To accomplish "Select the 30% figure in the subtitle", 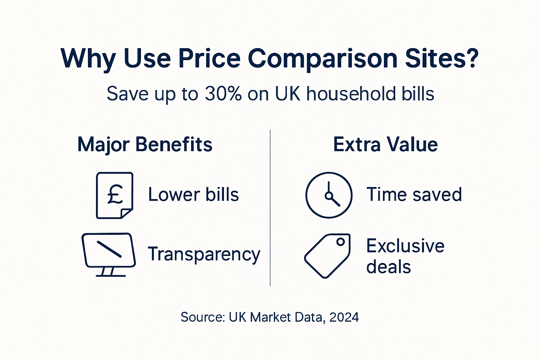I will (x=223, y=94).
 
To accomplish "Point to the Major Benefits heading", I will (x=145, y=144).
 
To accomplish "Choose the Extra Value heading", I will (x=385, y=144).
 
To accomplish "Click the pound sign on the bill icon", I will (x=115, y=194).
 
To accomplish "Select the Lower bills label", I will (x=193, y=194).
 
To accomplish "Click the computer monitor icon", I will (x=109, y=250).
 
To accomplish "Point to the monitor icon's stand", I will (x=108, y=272).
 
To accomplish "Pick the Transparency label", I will (x=204, y=254).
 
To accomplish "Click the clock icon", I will (x=329, y=195).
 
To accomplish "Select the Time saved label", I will (x=414, y=194).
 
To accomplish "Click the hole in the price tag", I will (x=340, y=242).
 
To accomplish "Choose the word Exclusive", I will (x=405, y=246).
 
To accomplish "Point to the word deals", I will (x=388, y=267).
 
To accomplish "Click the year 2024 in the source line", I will (x=344, y=317).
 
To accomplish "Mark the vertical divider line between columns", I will (x=270, y=207).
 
